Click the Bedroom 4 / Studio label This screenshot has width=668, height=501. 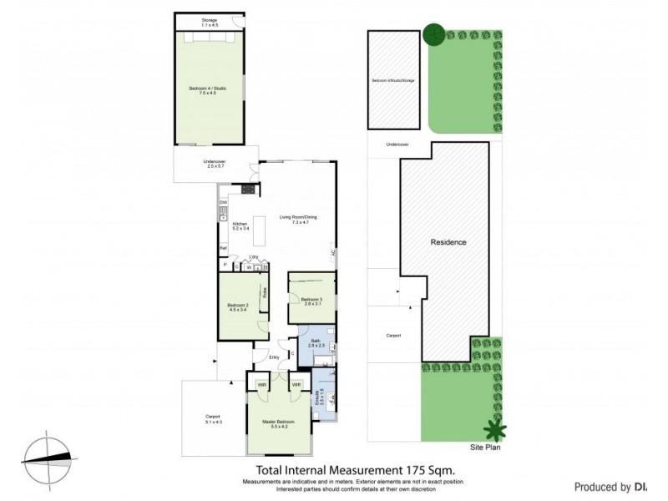(207, 89)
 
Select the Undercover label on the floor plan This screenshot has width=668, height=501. (215, 164)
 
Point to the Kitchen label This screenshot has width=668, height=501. (240, 225)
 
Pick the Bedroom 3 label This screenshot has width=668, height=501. (311, 301)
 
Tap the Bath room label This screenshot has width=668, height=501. (315, 342)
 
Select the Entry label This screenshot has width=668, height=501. (274, 357)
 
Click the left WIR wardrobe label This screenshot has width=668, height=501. (261, 384)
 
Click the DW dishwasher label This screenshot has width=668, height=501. (223, 203)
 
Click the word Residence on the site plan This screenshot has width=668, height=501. (448, 242)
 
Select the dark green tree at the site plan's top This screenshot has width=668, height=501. (433, 34)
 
